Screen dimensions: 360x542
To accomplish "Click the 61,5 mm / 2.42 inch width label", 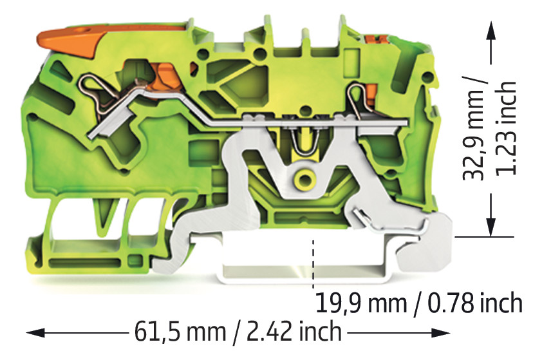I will pyautogui.click(x=238, y=332).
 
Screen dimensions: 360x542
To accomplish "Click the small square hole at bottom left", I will pyautogui.click(x=136, y=260).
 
